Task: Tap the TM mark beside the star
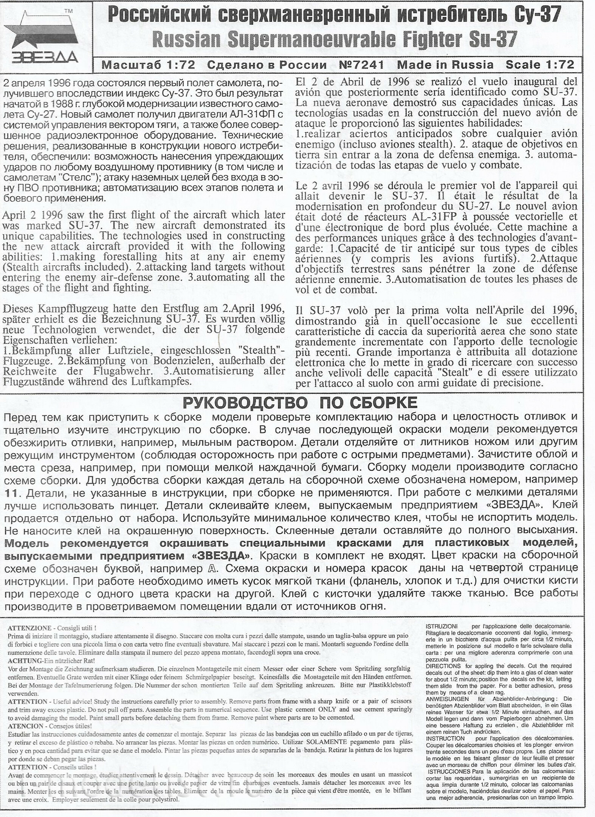(x=68, y=11)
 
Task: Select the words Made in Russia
(x=445, y=65)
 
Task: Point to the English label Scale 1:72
(x=540, y=65)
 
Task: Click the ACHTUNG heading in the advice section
(x=25, y=661)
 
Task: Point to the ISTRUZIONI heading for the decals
(x=442, y=627)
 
